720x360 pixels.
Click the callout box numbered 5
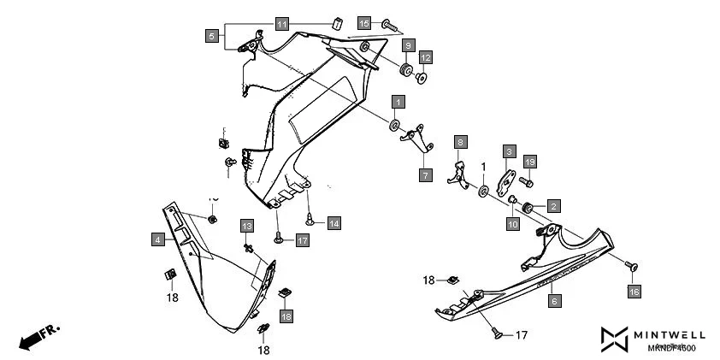coord(211,36)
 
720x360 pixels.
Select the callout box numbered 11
coord(282,23)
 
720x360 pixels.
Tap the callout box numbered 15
coord(364,23)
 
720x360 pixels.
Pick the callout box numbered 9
coord(408,44)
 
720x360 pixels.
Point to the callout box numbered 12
coord(425,57)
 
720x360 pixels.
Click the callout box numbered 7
coord(425,174)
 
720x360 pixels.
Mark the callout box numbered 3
coord(508,151)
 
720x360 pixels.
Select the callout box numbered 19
coord(529,162)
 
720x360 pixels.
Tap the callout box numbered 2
coord(553,206)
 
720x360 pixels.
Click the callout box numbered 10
coord(512,224)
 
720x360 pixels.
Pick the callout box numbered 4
coord(158,240)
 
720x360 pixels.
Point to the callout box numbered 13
coord(246,226)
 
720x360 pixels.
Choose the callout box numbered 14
coord(333,223)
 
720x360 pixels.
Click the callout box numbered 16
coord(634,292)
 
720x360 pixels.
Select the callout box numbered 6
coord(554,301)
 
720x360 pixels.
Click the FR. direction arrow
coord(36,336)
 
